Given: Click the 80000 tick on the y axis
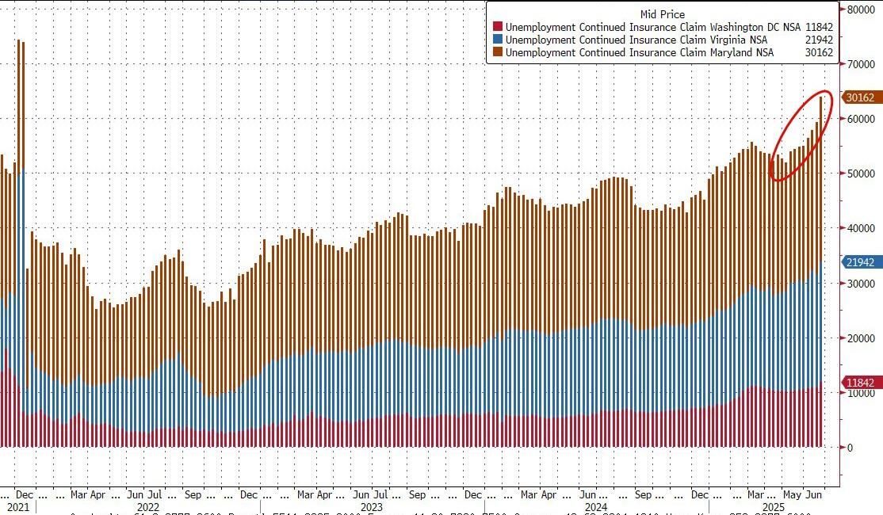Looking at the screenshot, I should coord(860,10).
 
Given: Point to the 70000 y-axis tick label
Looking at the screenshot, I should coord(860,64).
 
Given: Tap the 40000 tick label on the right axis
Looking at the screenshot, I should coord(860,228).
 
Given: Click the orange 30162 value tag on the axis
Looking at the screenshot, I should coord(860,97).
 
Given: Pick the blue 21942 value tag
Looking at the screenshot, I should coord(860,261).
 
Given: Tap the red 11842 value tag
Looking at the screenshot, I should coord(860,382).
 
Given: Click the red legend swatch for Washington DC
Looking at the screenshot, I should coord(497,27).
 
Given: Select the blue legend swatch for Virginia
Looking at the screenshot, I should coord(497,40).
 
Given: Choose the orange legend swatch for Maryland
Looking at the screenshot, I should coord(497,52).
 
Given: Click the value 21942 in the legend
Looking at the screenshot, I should coord(819,40).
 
